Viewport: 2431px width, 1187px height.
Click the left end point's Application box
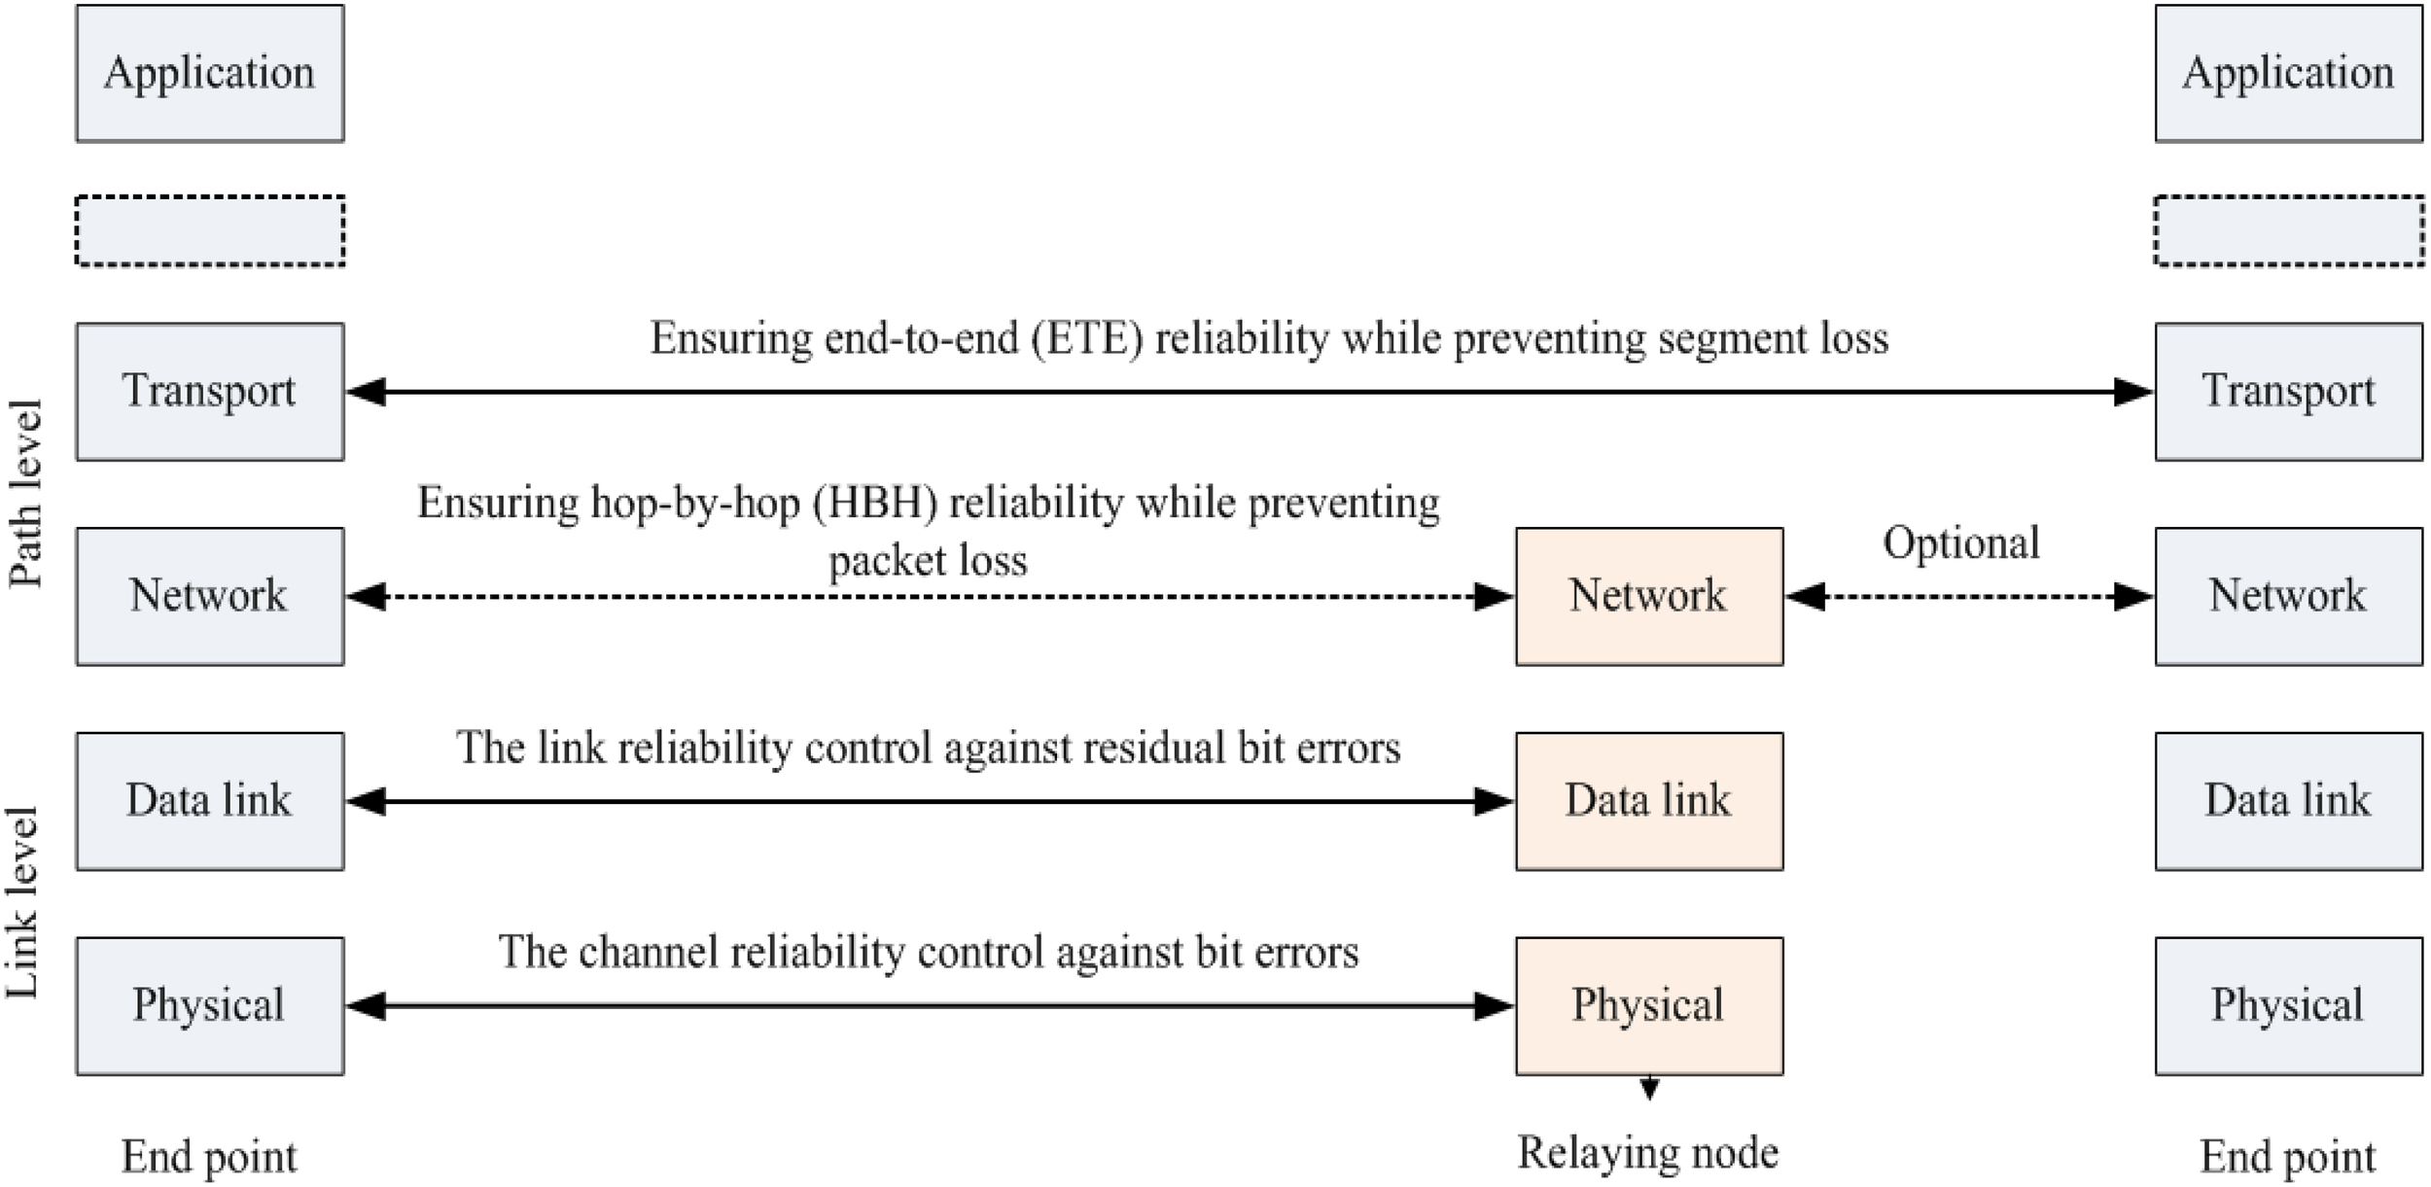[x=210, y=74]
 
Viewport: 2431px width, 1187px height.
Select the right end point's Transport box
[x=2288, y=392]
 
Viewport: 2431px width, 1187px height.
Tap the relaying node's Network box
[x=1649, y=596]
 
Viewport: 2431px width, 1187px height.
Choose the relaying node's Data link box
[x=1649, y=801]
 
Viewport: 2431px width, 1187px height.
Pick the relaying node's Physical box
[x=1649, y=1005]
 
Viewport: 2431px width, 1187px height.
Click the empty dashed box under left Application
[x=210, y=230]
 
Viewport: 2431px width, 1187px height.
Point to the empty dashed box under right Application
[x=2288, y=230]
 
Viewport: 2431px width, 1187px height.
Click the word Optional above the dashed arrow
[x=1961, y=542]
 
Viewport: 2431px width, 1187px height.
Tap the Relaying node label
[x=1648, y=1153]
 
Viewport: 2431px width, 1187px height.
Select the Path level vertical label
[x=26, y=494]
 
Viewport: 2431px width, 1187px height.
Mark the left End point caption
[x=209, y=1157]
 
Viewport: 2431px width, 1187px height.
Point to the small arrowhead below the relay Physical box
[x=1649, y=1088]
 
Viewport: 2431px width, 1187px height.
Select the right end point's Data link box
[x=2288, y=801]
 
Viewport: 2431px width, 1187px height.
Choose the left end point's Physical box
[x=210, y=1005]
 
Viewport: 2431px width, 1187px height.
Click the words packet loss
[x=928, y=561]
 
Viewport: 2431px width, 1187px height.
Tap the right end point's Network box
[x=2288, y=596]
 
